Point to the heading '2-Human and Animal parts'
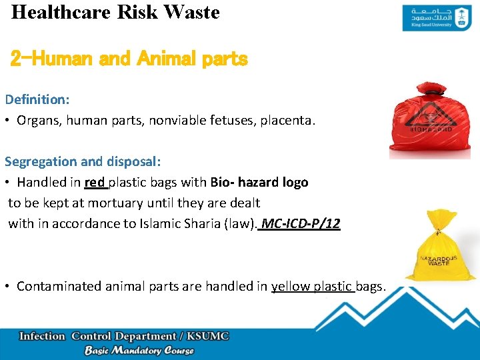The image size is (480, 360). [129, 59]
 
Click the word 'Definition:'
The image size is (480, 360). [37, 99]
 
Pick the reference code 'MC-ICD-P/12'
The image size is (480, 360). [301, 223]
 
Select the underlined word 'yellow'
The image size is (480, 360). [289, 286]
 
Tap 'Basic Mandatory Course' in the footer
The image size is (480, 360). [139, 351]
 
